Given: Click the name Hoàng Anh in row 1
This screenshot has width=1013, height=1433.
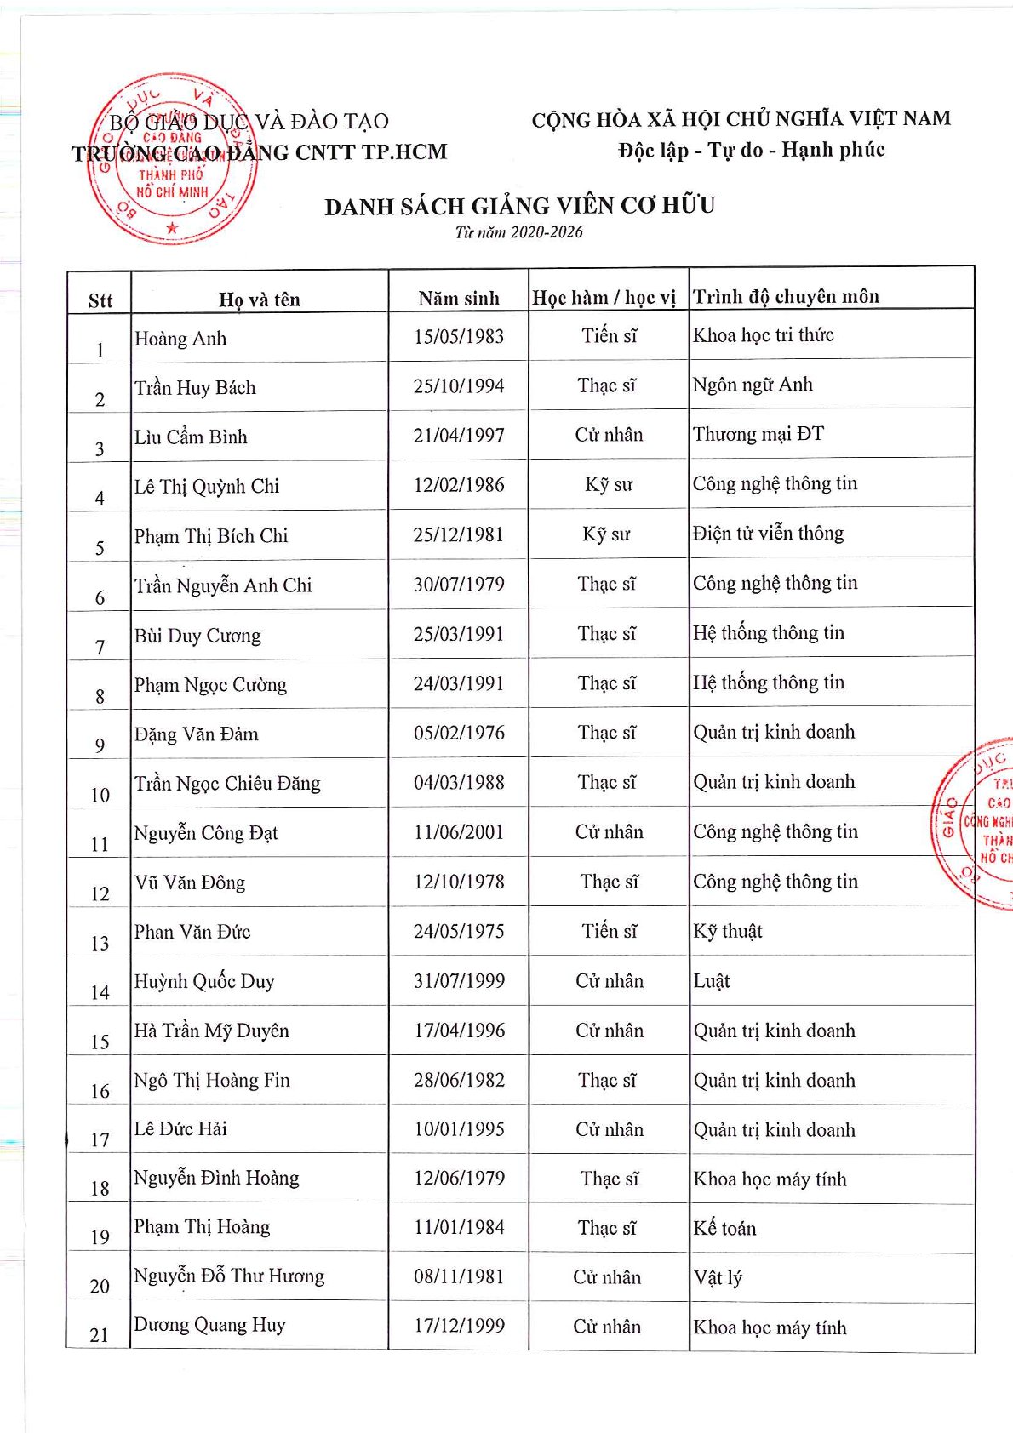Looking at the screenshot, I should click(x=180, y=339).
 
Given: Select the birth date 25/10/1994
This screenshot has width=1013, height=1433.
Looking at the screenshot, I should click(x=459, y=386).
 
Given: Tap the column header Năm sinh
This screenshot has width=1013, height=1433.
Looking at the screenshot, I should click(x=459, y=299).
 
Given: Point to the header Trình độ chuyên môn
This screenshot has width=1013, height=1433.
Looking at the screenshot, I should click(x=786, y=297).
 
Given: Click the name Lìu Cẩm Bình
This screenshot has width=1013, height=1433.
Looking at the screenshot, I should click(x=191, y=437).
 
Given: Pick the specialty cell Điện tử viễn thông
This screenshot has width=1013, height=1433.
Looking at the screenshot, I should click(x=768, y=534).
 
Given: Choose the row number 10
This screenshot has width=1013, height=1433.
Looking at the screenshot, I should click(x=100, y=795).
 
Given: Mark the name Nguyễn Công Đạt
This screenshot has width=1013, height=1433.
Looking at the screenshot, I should click(x=206, y=833).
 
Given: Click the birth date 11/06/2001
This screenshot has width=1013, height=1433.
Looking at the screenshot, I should click(x=459, y=832).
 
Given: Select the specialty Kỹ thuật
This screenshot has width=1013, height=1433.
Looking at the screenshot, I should click(x=728, y=931).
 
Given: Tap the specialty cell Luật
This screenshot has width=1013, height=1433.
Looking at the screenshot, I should click(x=712, y=981).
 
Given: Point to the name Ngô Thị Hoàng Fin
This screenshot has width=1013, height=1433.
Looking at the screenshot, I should click(x=212, y=1081).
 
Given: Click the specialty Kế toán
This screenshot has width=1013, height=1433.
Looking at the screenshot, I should click(x=724, y=1228).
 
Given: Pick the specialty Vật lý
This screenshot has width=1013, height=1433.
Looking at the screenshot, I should click(x=718, y=1277).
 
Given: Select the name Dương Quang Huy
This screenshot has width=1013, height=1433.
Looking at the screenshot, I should click(x=209, y=1325).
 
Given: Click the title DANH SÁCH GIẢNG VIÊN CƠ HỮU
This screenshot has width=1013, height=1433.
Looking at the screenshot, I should click(x=519, y=206).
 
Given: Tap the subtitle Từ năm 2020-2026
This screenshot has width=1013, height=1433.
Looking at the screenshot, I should click(x=519, y=232).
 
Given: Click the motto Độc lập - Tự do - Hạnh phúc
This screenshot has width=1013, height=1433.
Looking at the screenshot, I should click(x=751, y=151).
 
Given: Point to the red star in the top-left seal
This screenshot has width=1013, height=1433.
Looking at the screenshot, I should click(x=173, y=227).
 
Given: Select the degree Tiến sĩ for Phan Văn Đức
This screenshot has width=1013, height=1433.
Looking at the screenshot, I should click(x=609, y=931).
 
